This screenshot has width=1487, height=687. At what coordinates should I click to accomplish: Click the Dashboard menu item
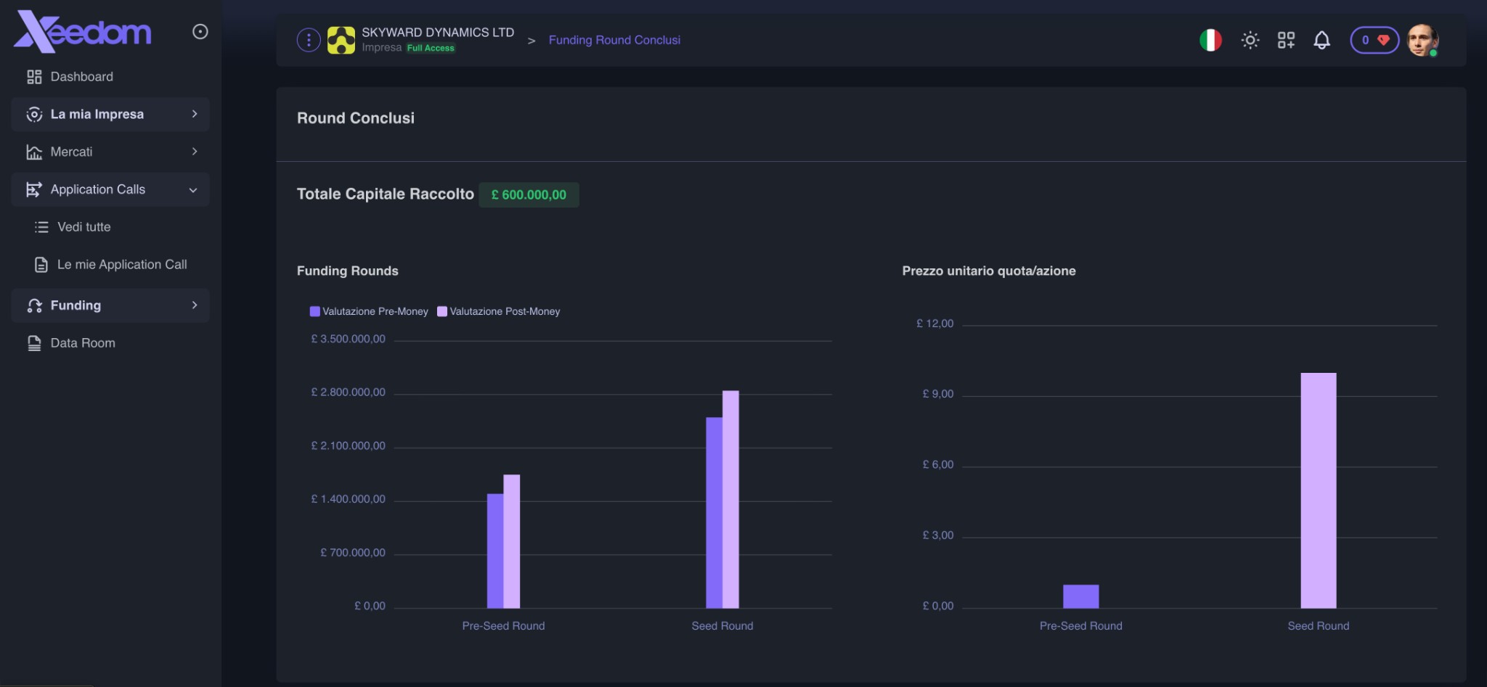point(81,77)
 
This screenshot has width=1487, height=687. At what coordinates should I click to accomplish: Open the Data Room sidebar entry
point(82,343)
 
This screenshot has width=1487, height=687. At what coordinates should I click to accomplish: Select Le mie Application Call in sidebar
point(121,265)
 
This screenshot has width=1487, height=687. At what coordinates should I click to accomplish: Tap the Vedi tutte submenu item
point(83,227)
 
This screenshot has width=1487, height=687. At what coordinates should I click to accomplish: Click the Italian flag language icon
point(1210,40)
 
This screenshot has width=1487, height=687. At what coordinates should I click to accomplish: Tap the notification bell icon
point(1321,40)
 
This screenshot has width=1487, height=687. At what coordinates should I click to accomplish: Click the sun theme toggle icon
point(1250,40)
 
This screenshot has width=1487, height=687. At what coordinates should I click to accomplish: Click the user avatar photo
point(1422,40)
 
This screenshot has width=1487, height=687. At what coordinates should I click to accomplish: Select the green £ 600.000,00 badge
point(529,194)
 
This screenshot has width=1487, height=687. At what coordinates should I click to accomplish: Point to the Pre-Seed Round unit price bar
point(1080,596)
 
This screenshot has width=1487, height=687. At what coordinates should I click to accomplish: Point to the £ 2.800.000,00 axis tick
point(349,392)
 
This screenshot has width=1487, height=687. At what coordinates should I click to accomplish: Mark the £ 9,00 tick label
point(938,394)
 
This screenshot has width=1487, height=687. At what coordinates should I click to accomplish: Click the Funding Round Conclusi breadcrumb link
point(614,40)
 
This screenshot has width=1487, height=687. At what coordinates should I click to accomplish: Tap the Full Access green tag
point(431,48)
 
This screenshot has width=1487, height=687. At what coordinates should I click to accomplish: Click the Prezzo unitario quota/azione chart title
point(988,271)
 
